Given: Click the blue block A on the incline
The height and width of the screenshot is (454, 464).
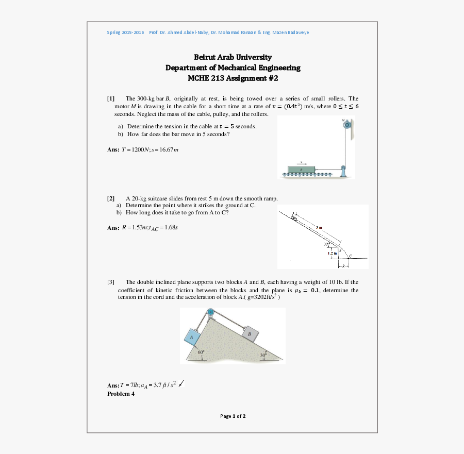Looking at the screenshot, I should click(192, 337).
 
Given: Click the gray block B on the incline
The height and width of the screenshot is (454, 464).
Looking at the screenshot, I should click(250, 334).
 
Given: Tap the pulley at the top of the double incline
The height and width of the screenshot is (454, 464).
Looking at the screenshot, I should click(210, 313).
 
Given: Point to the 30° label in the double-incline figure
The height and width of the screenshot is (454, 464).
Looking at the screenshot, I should click(263, 355).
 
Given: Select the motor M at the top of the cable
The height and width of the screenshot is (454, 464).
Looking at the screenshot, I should click(347, 125).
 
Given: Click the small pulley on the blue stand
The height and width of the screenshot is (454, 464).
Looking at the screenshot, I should click(342, 167).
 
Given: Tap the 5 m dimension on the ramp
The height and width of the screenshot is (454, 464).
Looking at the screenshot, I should click(319, 227).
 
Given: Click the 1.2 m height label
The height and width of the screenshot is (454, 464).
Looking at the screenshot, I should click(332, 253).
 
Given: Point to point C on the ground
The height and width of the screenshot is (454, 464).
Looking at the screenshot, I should click(350, 257).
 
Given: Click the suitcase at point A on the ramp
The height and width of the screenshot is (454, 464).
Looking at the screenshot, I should click(294, 218).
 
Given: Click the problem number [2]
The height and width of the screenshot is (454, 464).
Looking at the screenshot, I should click(111, 198).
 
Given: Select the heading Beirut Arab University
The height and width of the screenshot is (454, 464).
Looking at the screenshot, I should click(233, 57).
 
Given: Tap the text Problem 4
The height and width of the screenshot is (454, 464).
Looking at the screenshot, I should click(121, 394).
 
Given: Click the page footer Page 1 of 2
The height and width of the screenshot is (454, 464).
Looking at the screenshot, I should click(233, 416).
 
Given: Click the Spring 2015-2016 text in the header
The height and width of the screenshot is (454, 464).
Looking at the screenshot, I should click(125, 32).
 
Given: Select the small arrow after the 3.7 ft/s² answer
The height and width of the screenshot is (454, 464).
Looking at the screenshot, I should click(181, 383).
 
